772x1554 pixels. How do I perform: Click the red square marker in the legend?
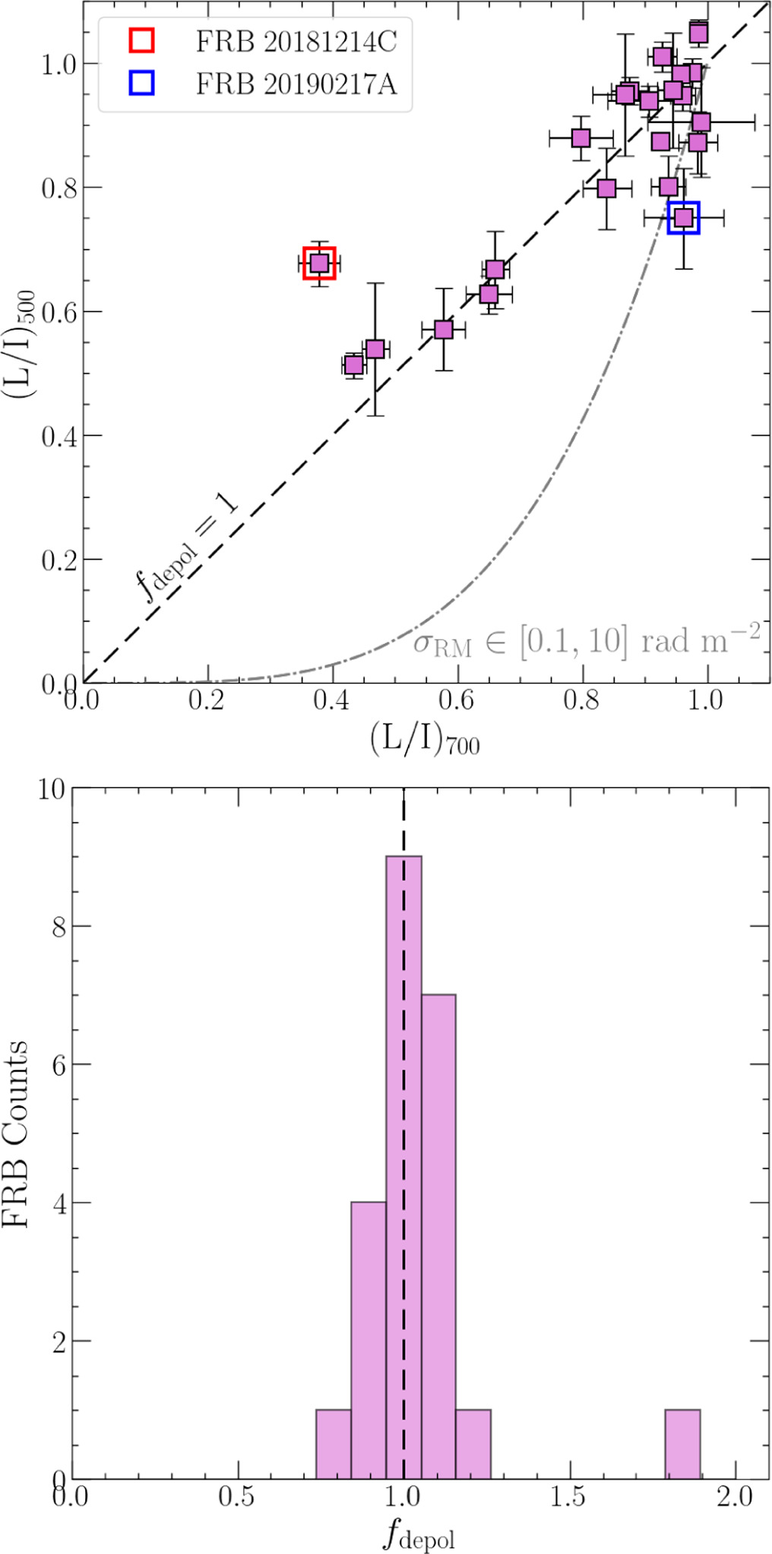(x=141, y=40)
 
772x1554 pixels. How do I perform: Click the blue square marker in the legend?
(x=141, y=83)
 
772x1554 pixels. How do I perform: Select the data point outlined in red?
(x=319, y=263)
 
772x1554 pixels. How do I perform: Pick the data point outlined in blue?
(x=684, y=218)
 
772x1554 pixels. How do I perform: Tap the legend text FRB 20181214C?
(x=296, y=42)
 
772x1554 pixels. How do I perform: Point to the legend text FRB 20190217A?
(x=296, y=84)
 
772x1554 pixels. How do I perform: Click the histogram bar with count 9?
(x=403, y=1170)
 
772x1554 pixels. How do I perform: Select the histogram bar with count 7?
(x=438, y=1238)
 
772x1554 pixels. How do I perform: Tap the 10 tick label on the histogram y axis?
(x=52, y=790)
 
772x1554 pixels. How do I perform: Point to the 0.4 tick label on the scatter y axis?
(x=59, y=436)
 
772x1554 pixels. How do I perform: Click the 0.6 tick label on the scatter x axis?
(x=457, y=700)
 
